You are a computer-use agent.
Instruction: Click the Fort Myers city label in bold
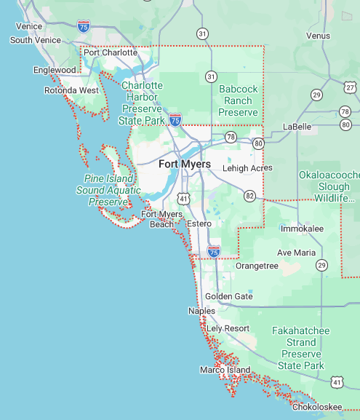(x=185, y=165)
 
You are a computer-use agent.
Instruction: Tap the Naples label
(x=201, y=311)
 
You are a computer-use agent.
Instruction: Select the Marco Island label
(x=225, y=370)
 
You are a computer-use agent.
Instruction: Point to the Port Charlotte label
(x=110, y=52)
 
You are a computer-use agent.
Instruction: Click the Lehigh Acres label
(x=247, y=167)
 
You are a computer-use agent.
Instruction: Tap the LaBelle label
(x=297, y=127)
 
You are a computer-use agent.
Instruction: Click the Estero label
(x=199, y=223)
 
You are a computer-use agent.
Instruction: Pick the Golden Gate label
(x=228, y=296)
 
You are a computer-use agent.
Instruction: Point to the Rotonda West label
(x=71, y=90)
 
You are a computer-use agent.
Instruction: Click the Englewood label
(x=55, y=70)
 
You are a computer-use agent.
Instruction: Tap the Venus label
(x=318, y=36)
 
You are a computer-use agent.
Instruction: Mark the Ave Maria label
(x=296, y=253)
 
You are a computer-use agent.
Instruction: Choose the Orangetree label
(x=257, y=266)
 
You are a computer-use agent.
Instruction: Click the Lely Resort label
(x=228, y=328)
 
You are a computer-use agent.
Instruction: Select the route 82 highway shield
(x=250, y=196)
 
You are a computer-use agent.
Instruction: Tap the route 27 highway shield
(x=351, y=88)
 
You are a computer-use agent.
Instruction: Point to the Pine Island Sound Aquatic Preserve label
(x=105, y=190)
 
